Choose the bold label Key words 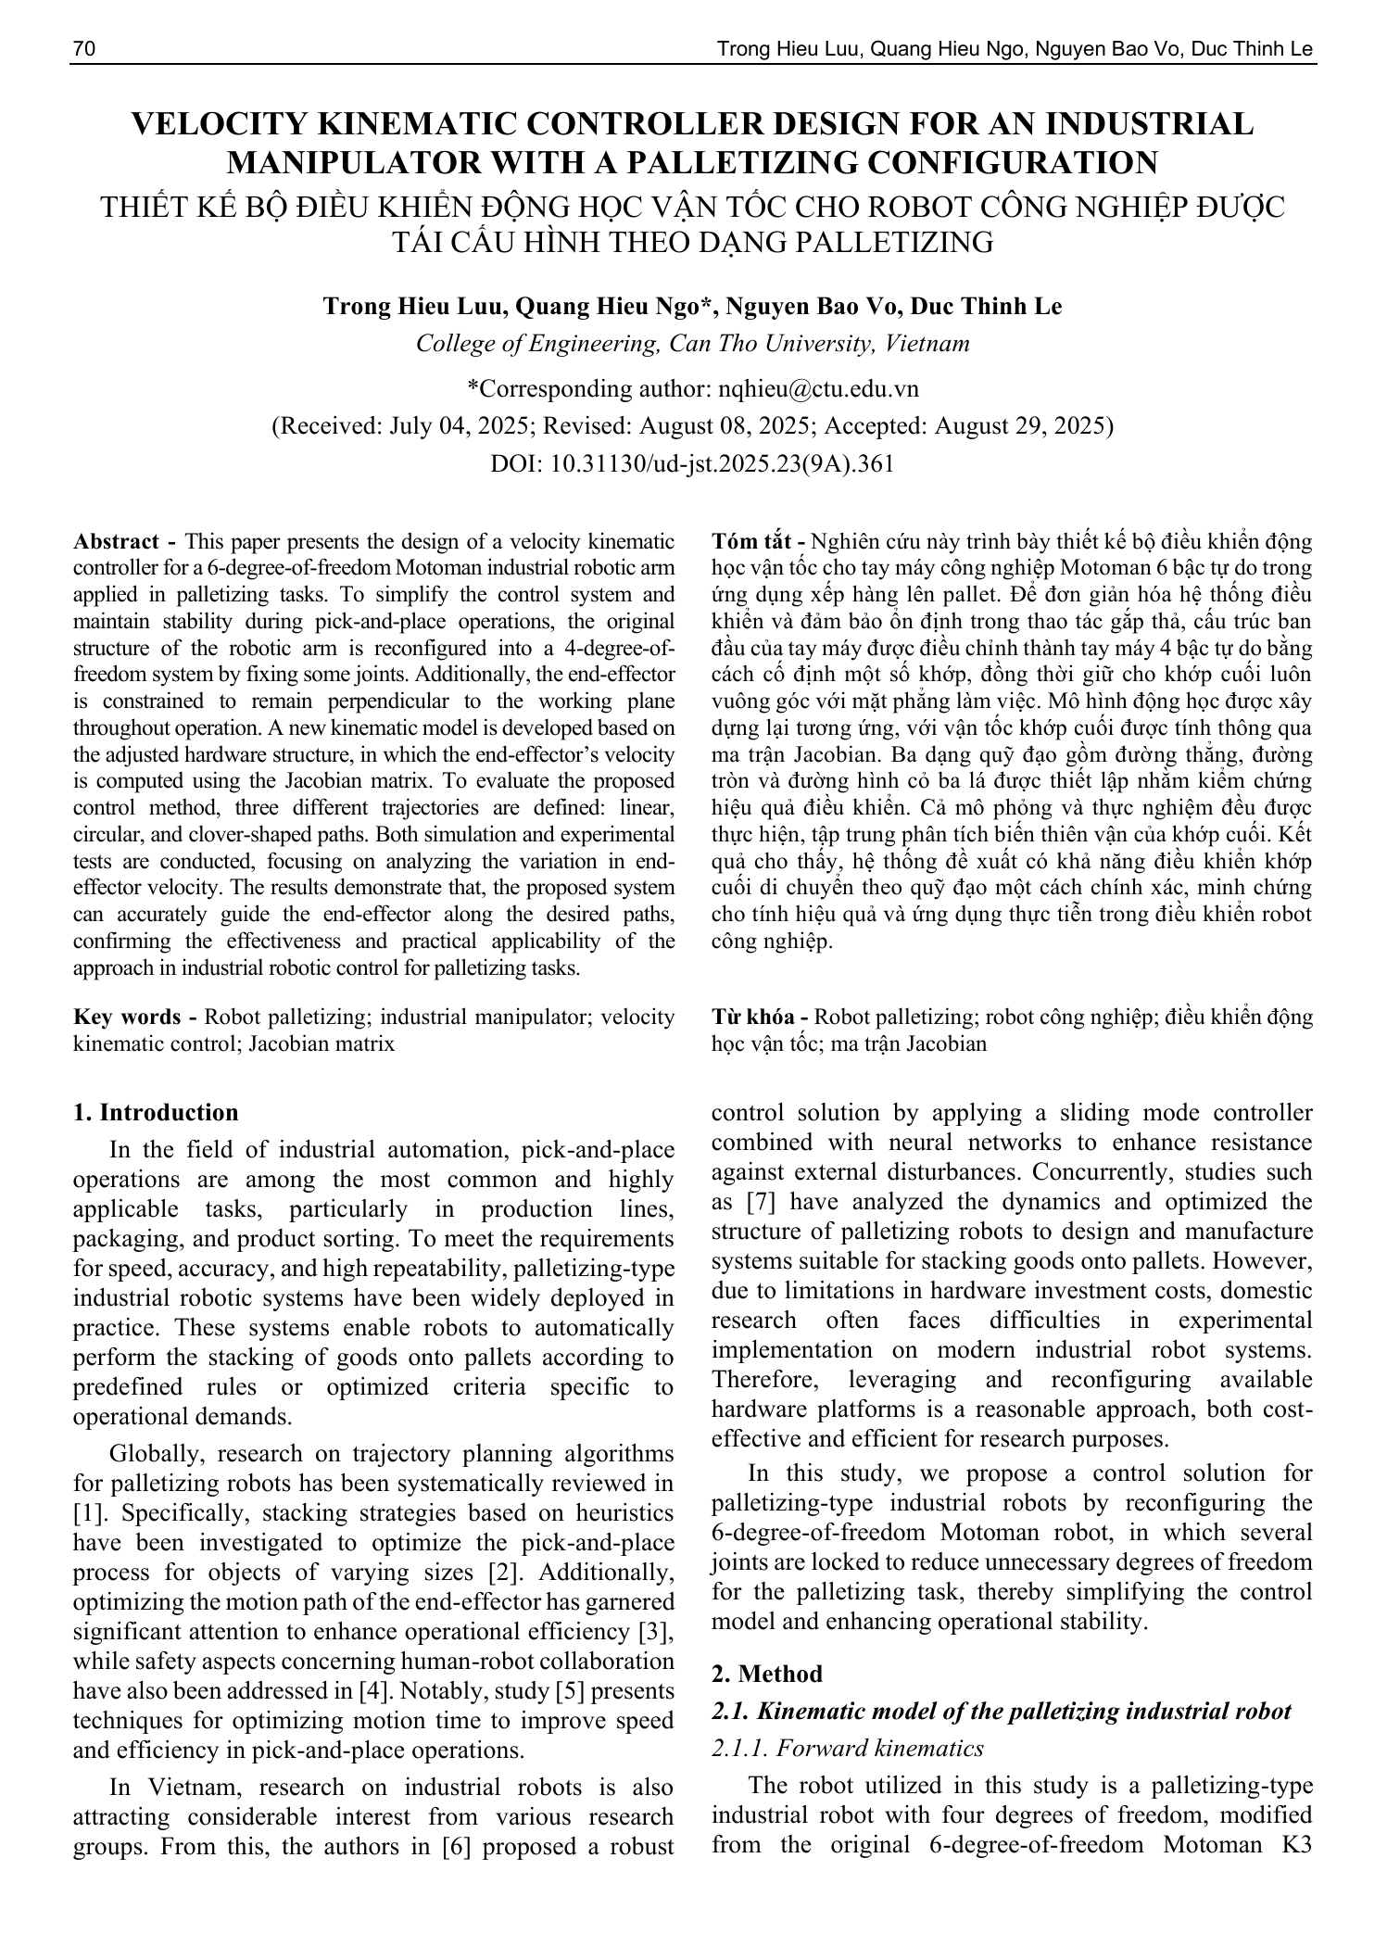(x=127, y=1017)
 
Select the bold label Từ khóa (x=755, y=1017)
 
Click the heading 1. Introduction (x=156, y=1112)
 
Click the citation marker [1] (x=87, y=1513)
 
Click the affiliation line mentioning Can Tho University (x=692, y=344)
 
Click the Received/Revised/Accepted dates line (x=692, y=426)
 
